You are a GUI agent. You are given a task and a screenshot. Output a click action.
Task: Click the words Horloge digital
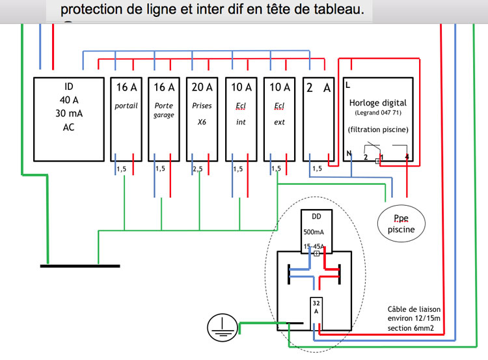click(377, 102)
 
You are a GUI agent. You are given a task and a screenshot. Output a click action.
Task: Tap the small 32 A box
click(316, 308)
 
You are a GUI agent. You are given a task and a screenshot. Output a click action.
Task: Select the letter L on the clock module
click(348, 85)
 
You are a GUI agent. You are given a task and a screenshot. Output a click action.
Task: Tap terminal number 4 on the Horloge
click(407, 158)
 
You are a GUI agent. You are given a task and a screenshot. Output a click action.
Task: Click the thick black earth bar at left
click(80, 266)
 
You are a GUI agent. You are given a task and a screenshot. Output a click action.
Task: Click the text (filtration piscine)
click(378, 129)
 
